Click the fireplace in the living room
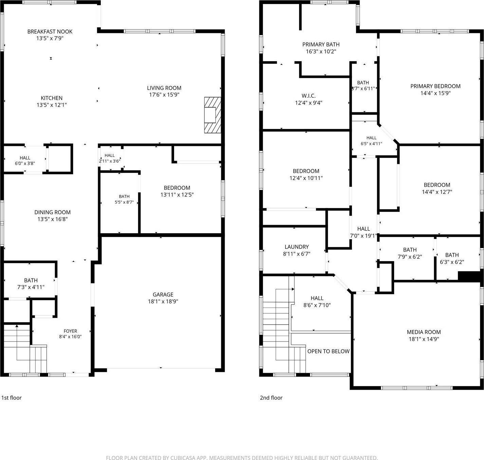click(212, 115)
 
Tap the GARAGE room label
click(163, 295)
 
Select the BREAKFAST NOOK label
click(50, 32)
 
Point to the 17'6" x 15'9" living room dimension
click(164, 95)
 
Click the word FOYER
click(70, 331)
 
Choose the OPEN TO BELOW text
click(329, 351)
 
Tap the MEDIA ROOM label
click(424, 332)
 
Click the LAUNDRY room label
click(297, 247)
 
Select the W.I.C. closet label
click(309, 96)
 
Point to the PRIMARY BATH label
click(321, 44)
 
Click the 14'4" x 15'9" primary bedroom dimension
click(435, 93)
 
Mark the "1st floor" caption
click(12, 398)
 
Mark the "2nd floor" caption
click(271, 398)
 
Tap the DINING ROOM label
click(52, 212)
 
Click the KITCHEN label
click(52, 98)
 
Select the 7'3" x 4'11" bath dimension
click(31, 287)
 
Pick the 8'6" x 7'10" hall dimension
click(317, 305)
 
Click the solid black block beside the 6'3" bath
click(469, 277)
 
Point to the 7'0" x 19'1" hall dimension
click(364, 236)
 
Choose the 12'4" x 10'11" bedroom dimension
click(306, 178)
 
